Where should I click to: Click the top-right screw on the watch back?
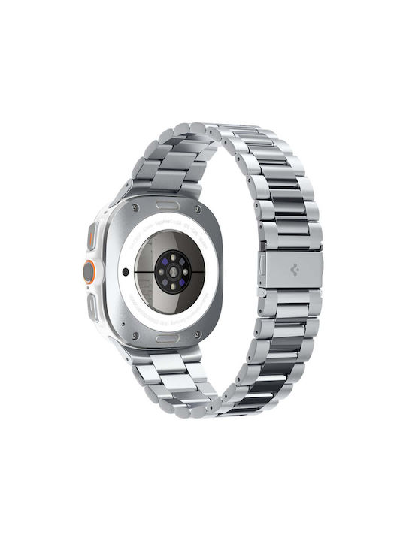pos(198,210)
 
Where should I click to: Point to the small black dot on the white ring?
pos(126,272)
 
